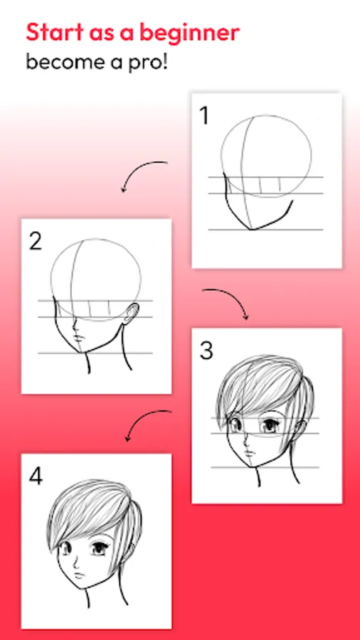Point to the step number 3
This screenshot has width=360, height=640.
[x=206, y=351]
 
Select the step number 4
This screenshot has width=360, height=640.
[x=36, y=476]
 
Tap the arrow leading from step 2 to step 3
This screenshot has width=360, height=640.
[x=233, y=296]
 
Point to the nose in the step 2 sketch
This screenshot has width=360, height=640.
[x=75, y=324]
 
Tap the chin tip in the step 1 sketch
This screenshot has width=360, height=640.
[x=251, y=230]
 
